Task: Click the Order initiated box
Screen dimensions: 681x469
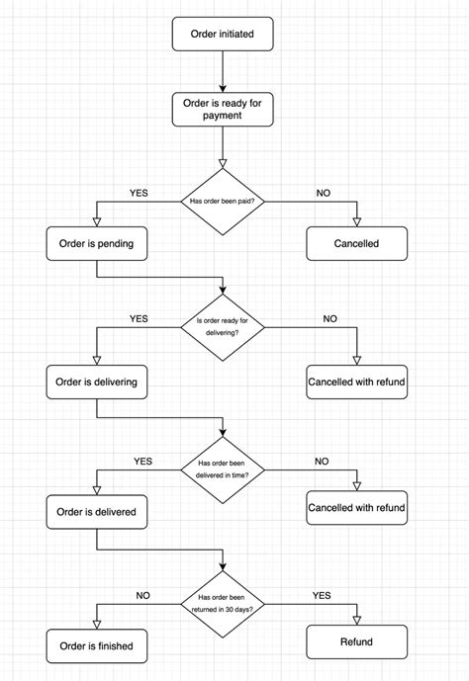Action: pyautogui.click(x=221, y=34)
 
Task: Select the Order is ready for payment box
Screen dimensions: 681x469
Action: pyautogui.click(x=221, y=109)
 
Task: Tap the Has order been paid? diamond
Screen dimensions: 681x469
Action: pyautogui.click(x=222, y=202)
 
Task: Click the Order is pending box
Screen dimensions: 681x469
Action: pyautogui.click(x=96, y=243)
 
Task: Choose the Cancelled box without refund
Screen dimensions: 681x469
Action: pyautogui.click(x=356, y=243)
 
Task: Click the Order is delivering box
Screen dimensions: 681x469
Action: pyautogui.click(x=96, y=382)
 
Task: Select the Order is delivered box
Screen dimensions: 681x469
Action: pyautogui.click(x=96, y=513)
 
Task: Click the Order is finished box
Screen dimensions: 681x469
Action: pyautogui.click(x=96, y=647)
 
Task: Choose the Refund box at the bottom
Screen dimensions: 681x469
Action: pyautogui.click(x=356, y=642)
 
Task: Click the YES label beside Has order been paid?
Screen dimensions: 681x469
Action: pyautogui.click(x=139, y=193)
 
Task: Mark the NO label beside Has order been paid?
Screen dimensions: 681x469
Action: pyautogui.click(x=323, y=193)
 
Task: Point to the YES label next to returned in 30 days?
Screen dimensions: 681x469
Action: pyautogui.click(x=322, y=596)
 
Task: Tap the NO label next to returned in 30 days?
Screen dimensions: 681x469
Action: pyautogui.click(x=142, y=596)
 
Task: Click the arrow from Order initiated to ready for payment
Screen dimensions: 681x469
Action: pyautogui.click(x=222, y=69)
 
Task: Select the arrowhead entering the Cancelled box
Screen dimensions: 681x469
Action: pyautogui.click(x=356, y=220)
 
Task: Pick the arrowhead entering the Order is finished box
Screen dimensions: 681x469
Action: pyautogui.click(x=96, y=623)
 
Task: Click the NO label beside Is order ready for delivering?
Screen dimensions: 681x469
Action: pyautogui.click(x=329, y=319)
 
